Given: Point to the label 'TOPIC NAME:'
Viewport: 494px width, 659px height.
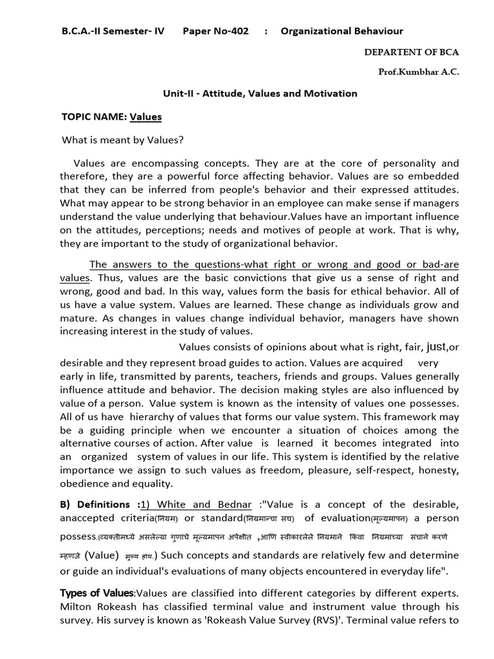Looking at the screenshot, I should (x=94, y=116).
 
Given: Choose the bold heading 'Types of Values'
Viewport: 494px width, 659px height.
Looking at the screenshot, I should (x=97, y=592).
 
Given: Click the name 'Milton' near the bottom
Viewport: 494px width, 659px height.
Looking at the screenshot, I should (x=76, y=606).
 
